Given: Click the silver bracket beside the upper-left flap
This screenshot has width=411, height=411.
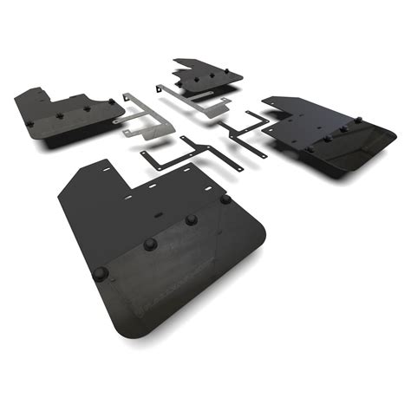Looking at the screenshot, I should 139,117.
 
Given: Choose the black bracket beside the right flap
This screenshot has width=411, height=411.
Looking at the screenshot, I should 243,134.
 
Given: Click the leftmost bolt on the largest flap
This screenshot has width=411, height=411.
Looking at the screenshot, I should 101,274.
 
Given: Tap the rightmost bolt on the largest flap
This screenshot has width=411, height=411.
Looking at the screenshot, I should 225,199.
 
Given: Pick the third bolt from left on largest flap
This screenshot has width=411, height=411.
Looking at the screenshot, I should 191,219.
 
